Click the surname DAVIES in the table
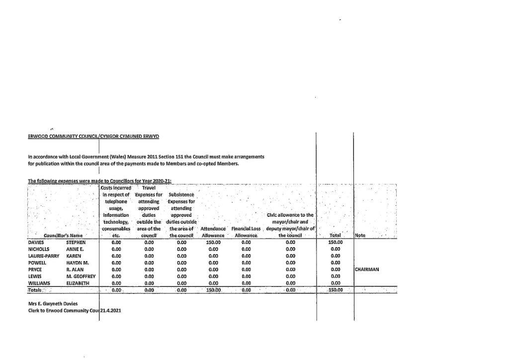tap(37, 242)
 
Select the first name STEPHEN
tap(76, 242)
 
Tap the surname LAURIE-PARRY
tap(44, 256)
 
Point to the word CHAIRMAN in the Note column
tap(367, 269)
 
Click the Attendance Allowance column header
tap(213, 232)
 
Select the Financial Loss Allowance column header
tap(246, 232)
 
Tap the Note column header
tap(360, 235)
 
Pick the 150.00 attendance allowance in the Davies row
tap(213, 242)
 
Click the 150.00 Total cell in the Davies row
tap(336, 242)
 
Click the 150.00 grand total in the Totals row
tap(336, 289)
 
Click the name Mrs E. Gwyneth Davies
tap(53, 303)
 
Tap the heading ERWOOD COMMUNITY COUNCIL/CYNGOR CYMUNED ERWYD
tap(94, 136)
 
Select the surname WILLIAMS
tap(40, 282)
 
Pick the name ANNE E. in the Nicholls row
tap(74, 249)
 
